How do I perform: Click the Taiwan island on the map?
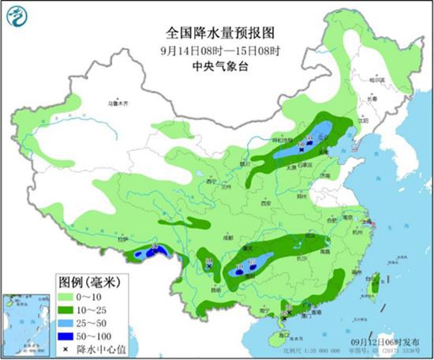(x=376, y=280)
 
